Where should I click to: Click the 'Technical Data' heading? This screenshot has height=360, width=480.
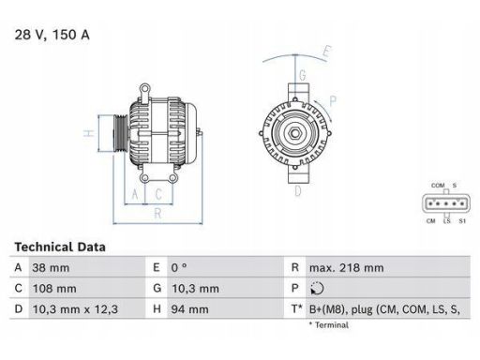pos(60,247)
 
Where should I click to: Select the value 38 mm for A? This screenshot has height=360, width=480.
pos(52,268)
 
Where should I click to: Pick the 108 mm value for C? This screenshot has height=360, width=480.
pos(55,288)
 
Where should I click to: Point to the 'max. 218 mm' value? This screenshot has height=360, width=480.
pos(346,268)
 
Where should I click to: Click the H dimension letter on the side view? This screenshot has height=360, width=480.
pos(87,133)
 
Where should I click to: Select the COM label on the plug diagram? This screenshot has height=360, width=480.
pos(437,187)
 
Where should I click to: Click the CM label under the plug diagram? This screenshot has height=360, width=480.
pos(429,221)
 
